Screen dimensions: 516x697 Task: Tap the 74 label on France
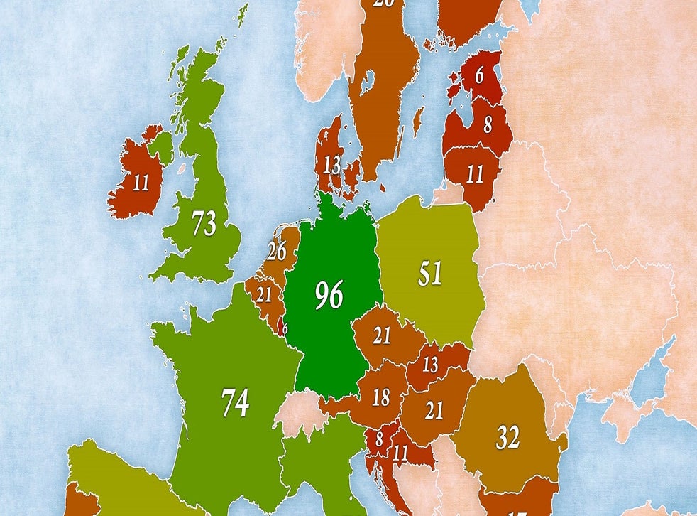coord(235,402)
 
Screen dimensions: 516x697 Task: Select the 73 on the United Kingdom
coord(204,224)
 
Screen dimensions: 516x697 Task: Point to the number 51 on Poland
coord(429,274)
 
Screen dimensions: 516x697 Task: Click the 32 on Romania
coord(507,438)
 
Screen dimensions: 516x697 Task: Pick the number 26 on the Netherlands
coord(277,250)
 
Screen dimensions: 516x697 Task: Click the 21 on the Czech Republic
coord(382,335)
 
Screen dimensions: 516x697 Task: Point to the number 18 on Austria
coord(381,397)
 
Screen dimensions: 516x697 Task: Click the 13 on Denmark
coord(331,166)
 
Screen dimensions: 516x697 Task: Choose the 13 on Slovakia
coord(431,366)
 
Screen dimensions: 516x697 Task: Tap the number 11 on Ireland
coord(141,183)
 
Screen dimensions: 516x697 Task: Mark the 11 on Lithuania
coord(475,173)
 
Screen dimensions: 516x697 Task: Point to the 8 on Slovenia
coord(379,439)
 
